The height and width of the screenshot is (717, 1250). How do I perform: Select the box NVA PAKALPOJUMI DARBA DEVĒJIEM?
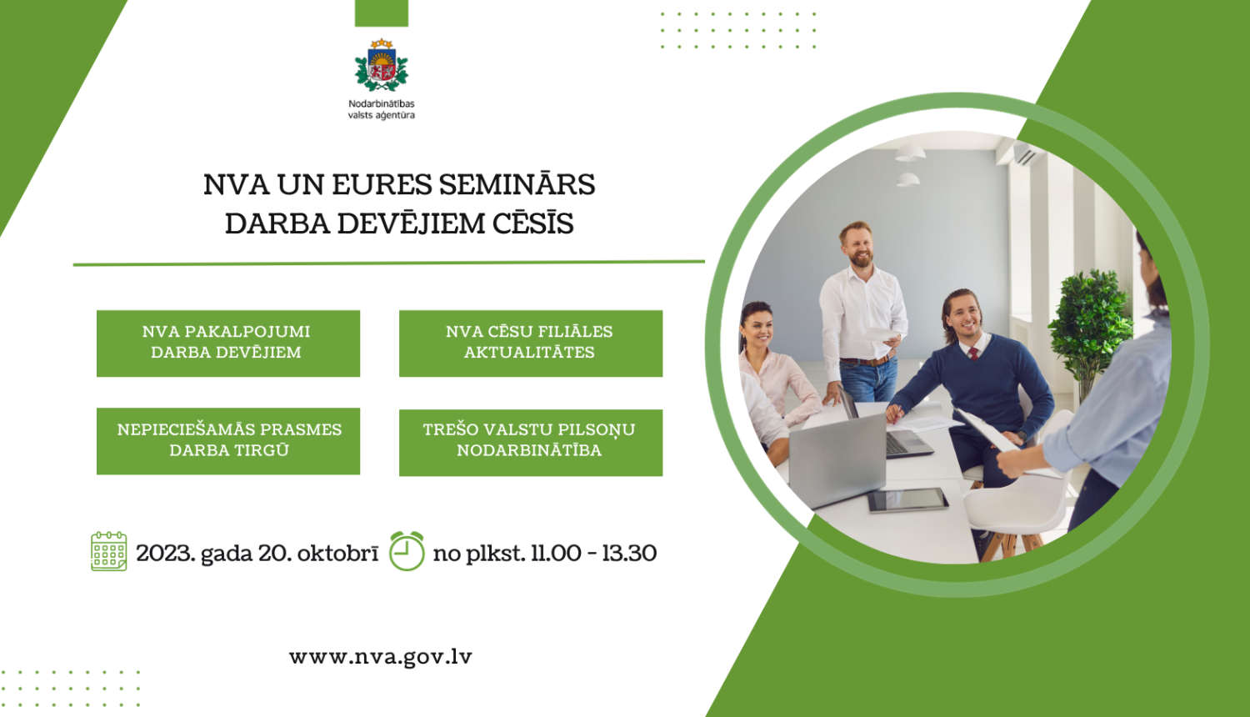pos(227,343)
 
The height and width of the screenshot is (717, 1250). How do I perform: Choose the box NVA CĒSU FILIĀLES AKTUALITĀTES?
pos(530,343)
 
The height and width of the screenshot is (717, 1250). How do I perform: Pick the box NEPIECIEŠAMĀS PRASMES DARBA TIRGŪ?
pos(227,440)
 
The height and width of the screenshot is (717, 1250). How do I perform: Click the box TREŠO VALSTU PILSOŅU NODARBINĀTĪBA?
pos(530,442)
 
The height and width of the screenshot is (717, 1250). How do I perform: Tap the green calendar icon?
pos(108,551)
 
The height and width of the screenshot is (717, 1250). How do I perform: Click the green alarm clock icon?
pos(407,551)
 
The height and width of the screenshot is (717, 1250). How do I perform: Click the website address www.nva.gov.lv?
pos(380,657)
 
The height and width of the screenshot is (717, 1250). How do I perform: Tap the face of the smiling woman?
pos(757,328)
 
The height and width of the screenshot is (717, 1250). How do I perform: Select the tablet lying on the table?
pos(907,499)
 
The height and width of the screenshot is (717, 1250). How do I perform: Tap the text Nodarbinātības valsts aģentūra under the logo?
pos(382,109)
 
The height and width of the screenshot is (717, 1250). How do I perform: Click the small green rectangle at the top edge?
pos(382,13)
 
